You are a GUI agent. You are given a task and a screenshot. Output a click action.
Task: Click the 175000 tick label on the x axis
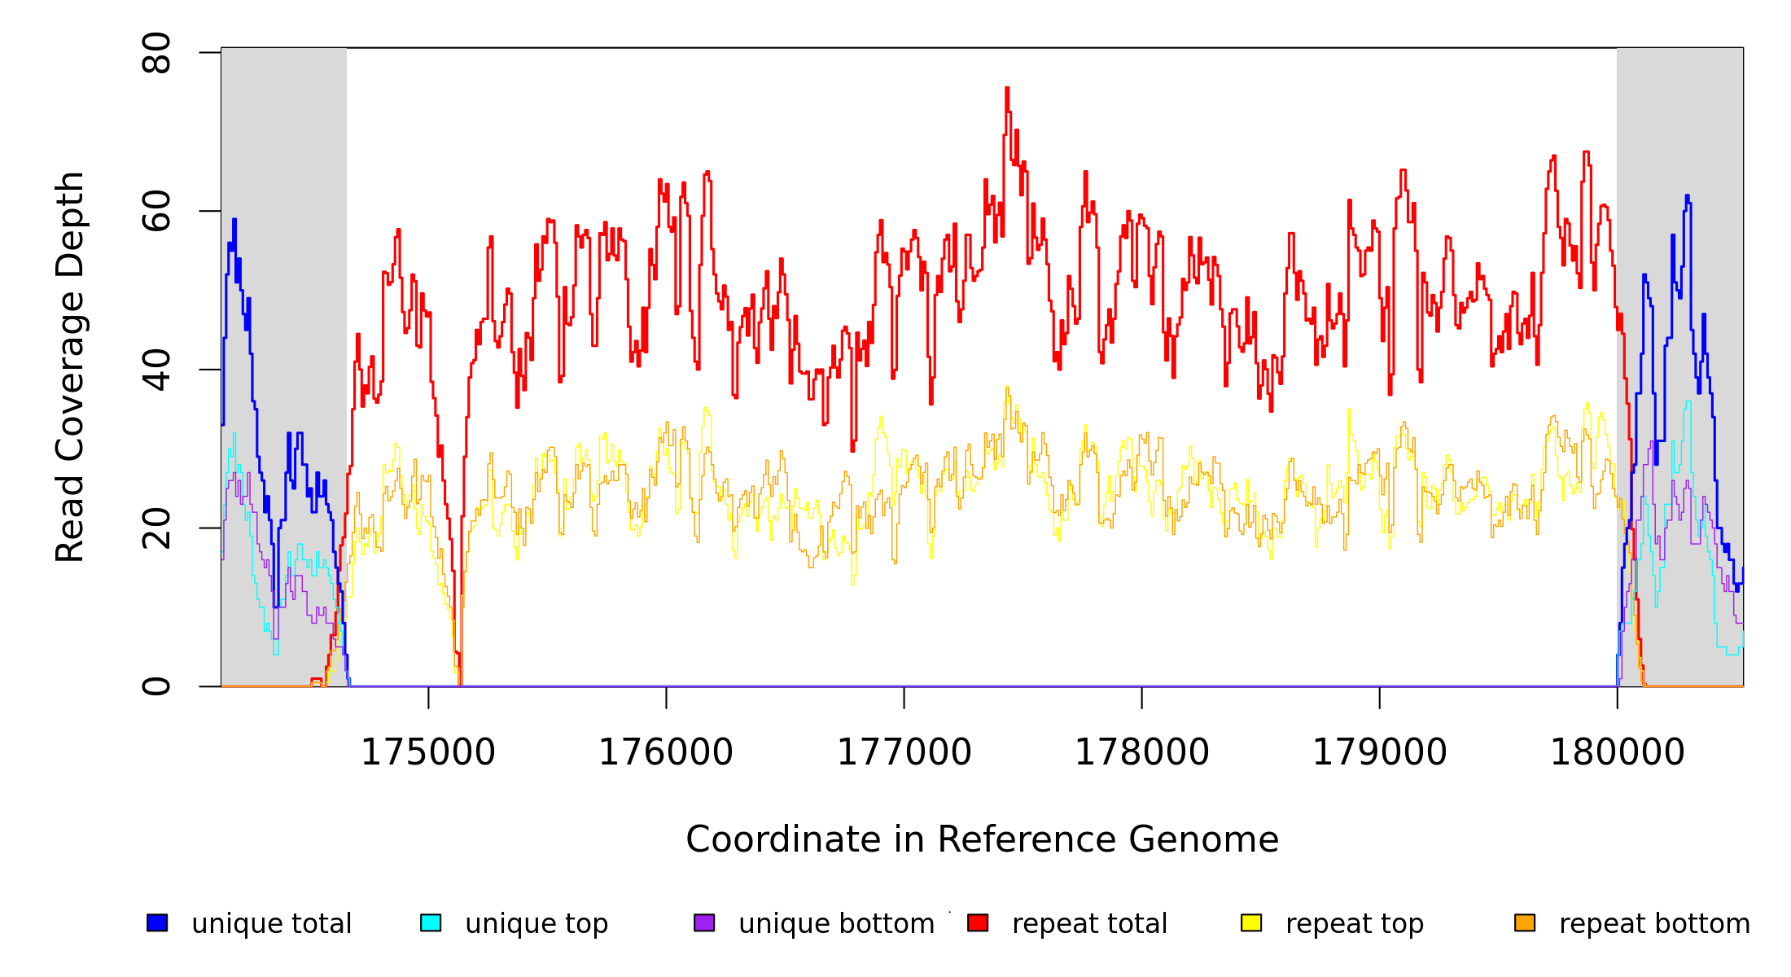(427, 752)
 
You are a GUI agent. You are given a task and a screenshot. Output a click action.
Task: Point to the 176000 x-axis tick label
(665, 752)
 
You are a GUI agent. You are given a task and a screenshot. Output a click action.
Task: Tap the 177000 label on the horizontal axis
(904, 752)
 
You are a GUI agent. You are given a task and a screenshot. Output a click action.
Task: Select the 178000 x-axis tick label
(1141, 752)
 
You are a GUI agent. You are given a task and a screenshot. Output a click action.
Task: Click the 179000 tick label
(1379, 752)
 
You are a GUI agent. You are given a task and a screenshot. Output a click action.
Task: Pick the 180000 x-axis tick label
(1617, 752)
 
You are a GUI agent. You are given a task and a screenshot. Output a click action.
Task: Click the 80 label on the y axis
(156, 53)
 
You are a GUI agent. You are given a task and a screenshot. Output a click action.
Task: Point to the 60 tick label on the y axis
(156, 211)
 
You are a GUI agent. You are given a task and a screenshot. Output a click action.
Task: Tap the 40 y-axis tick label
(156, 370)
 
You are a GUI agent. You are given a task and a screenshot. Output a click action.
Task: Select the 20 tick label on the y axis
(156, 528)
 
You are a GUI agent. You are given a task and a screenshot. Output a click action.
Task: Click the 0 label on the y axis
(156, 686)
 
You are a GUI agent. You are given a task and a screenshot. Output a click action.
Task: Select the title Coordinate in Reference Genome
(982, 839)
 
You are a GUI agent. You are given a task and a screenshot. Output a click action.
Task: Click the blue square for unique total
(157, 922)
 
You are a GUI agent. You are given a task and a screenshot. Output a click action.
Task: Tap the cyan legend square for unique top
(431, 922)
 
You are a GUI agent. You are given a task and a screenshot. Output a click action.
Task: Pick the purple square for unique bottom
(704, 922)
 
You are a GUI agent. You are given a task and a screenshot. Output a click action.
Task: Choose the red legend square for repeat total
(978, 922)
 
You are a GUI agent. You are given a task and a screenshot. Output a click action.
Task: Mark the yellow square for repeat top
(1251, 922)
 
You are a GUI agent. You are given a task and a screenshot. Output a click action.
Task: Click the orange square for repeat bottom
(1525, 922)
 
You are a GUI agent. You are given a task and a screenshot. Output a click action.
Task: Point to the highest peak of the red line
(1007, 89)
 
